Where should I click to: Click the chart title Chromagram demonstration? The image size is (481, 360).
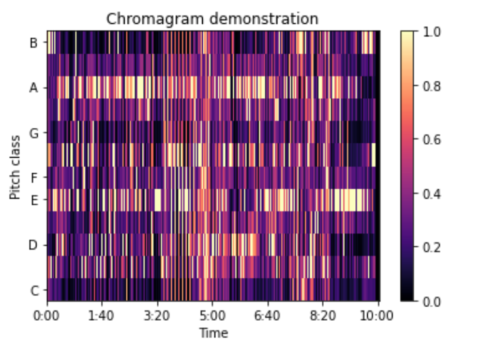[x=212, y=19]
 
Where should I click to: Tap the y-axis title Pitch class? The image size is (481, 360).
[x=16, y=167]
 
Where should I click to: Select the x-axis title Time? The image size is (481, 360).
[x=214, y=333]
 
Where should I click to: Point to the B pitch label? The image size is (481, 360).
[x=34, y=43]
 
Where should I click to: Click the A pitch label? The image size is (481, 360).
[x=34, y=88]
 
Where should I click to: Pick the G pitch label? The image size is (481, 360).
[x=34, y=133]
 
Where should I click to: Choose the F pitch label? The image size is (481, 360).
[x=34, y=178]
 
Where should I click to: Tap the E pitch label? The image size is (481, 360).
[x=34, y=201]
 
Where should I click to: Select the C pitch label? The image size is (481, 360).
[x=34, y=291]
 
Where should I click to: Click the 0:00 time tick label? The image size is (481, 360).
[x=47, y=315]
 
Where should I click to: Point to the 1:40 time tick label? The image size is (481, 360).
[x=102, y=315]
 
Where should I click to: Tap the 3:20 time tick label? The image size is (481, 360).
[x=158, y=315]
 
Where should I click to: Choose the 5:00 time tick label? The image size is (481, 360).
[x=213, y=315]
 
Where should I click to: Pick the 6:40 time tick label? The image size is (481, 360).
[x=268, y=315]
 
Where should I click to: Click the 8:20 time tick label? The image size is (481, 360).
[x=324, y=315]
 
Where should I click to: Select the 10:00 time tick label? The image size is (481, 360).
[x=378, y=315]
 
